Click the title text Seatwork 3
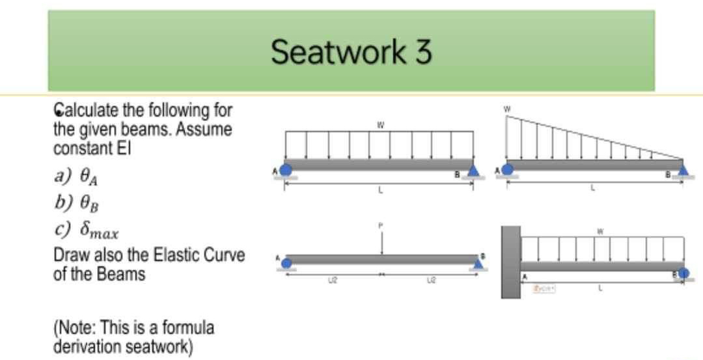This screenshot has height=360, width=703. (x=351, y=52)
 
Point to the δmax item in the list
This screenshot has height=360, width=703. (x=87, y=230)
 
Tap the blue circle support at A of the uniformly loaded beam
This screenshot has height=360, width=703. (x=286, y=169)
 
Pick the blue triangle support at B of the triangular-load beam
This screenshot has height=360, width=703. (x=682, y=169)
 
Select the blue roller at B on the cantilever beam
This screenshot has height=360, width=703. (x=683, y=273)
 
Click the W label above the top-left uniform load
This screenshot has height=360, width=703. (x=379, y=122)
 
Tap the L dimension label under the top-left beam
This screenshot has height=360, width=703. (x=379, y=191)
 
